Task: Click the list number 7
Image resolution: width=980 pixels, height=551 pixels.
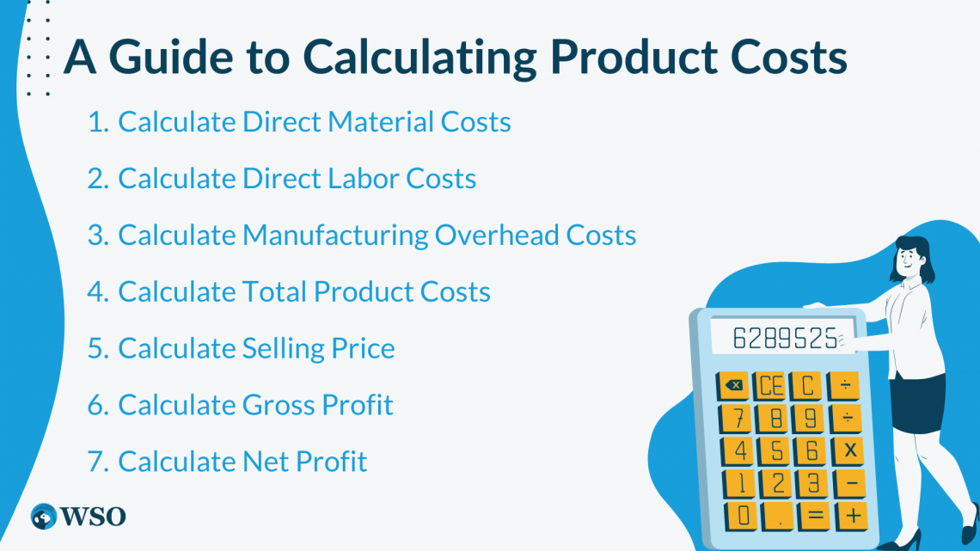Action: point(97,462)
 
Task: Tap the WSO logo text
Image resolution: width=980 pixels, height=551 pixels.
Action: point(95,517)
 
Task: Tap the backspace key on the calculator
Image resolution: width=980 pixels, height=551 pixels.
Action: point(734,385)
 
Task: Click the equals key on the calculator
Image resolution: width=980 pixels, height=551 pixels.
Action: point(814,516)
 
